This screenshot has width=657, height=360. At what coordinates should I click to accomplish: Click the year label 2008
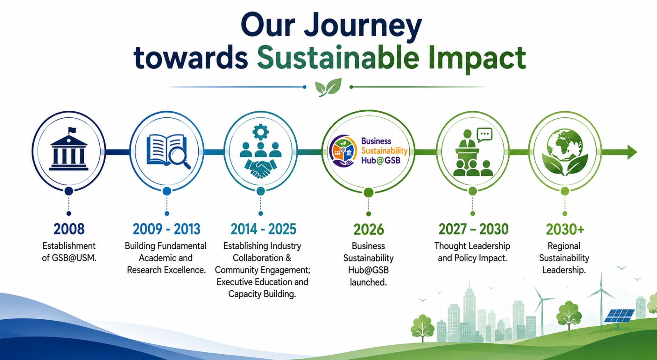[x=69, y=229]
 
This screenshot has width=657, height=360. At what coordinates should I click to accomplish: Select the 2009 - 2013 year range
[x=166, y=229]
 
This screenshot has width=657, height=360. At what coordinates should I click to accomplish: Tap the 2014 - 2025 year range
[x=263, y=229]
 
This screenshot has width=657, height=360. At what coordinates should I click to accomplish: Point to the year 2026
[x=369, y=229]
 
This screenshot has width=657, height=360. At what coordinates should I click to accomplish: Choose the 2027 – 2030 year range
[x=473, y=229]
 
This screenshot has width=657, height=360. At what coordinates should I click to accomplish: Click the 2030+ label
[x=565, y=229]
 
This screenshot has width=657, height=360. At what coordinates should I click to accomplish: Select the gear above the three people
[x=260, y=132]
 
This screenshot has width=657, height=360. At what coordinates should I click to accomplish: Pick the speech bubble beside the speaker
[x=485, y=135]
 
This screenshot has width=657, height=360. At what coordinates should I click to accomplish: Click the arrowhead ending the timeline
[x=632, y=152]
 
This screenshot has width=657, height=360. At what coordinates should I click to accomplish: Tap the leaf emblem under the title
[x=328, y=87]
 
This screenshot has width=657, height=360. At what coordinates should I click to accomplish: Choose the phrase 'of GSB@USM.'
[x=69, y=258]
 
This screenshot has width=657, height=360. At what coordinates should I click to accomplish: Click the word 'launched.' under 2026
[x=368, y=282]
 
